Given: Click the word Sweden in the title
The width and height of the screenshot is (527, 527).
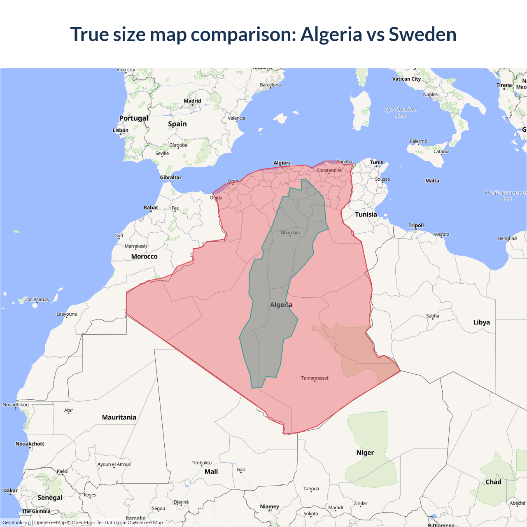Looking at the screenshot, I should pos(422,34).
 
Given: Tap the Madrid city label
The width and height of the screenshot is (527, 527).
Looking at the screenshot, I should pos(192,101).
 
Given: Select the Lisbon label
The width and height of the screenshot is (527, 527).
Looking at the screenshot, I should pos(121,131).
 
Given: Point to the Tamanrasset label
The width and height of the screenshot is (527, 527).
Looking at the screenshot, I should pos(315,378).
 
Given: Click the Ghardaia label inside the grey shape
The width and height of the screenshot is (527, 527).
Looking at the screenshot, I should pos(290,233).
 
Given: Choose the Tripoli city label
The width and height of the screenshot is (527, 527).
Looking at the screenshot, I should pos(416,225).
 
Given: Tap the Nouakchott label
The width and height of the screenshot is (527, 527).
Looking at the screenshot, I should pos(30,444).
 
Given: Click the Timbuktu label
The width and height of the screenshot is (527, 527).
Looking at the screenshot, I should pos(201,463).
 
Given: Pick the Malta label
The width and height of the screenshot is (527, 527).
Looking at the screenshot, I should pos(432,181).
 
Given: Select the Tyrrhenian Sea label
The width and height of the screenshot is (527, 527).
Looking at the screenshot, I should pos(401,112).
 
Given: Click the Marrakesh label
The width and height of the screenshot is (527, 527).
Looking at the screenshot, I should pos(135,246).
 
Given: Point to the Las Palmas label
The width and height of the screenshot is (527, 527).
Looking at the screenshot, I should pos(37,300).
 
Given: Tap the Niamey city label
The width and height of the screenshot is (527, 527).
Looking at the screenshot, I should pos(269,506).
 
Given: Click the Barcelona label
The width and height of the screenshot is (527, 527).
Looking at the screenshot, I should pos(270,85).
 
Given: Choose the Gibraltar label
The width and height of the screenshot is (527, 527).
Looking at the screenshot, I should pos(170,177).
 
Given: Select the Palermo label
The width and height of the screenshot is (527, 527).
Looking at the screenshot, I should pos(418,141).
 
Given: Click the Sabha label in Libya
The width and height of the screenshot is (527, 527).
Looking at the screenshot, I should pos(432,316).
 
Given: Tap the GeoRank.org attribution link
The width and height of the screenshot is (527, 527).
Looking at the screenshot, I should pos(16,522).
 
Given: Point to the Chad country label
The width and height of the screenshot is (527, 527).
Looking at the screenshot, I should pos(493,482).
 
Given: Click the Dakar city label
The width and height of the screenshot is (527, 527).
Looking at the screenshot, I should pos(10,491).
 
